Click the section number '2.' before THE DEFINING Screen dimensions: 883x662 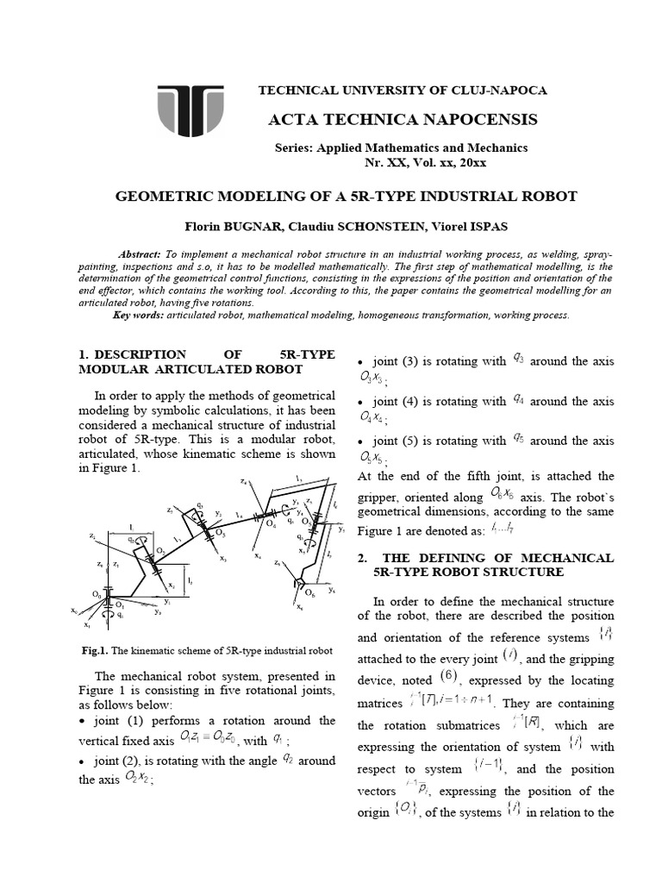point(363,558)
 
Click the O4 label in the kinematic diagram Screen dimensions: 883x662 point(272,523)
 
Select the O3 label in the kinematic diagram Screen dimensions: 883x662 point(222,534)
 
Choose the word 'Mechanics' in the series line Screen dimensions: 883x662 point(498,148)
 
